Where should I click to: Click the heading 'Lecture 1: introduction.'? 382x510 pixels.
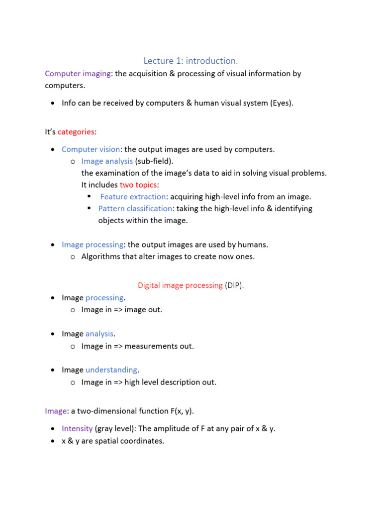click(191, 61)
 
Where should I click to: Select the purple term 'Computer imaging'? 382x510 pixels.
click(78, 74)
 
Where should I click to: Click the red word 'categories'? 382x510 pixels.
click(76, 132)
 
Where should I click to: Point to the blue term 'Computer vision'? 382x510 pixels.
click(91, 149)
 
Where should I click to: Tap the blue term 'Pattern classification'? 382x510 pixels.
click(135, 209)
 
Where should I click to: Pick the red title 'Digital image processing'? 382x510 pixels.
click(180, 285)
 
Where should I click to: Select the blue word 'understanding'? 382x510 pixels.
click(111, 370)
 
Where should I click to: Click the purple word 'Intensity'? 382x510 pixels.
click(77, 428)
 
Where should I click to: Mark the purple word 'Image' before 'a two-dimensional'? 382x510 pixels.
click(56, 411)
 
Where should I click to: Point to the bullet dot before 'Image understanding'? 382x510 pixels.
click(53, 371)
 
